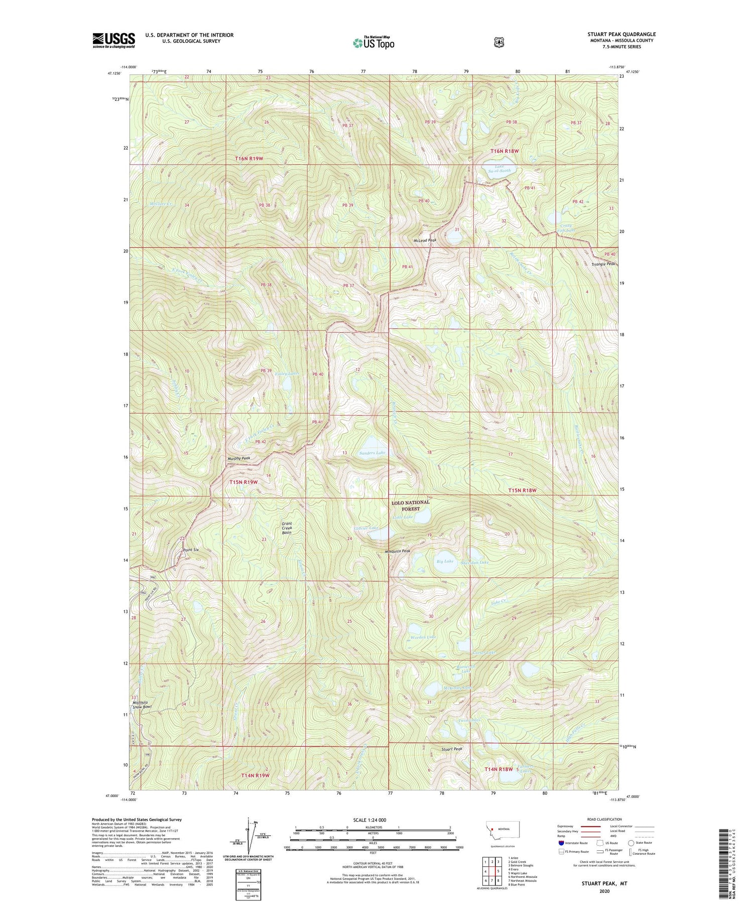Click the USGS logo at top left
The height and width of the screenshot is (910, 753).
tap(113, 40)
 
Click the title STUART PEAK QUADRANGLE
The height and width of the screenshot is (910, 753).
tap(621, 34)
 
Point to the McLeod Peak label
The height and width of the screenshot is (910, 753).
tap(425, 240)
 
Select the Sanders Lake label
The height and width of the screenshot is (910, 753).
tap(373, 453)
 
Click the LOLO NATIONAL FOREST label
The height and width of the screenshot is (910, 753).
tap(411, 505)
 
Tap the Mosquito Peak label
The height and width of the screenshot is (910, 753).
tap(398, 551)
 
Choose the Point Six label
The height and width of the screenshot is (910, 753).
tap(191, 550)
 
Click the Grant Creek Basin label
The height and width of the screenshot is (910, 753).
tap(287, 528)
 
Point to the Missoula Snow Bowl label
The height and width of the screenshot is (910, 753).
tap(142, 704)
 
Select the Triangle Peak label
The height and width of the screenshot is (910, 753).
tap(603, 264)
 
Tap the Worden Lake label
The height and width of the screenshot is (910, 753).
tap(423, 637)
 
